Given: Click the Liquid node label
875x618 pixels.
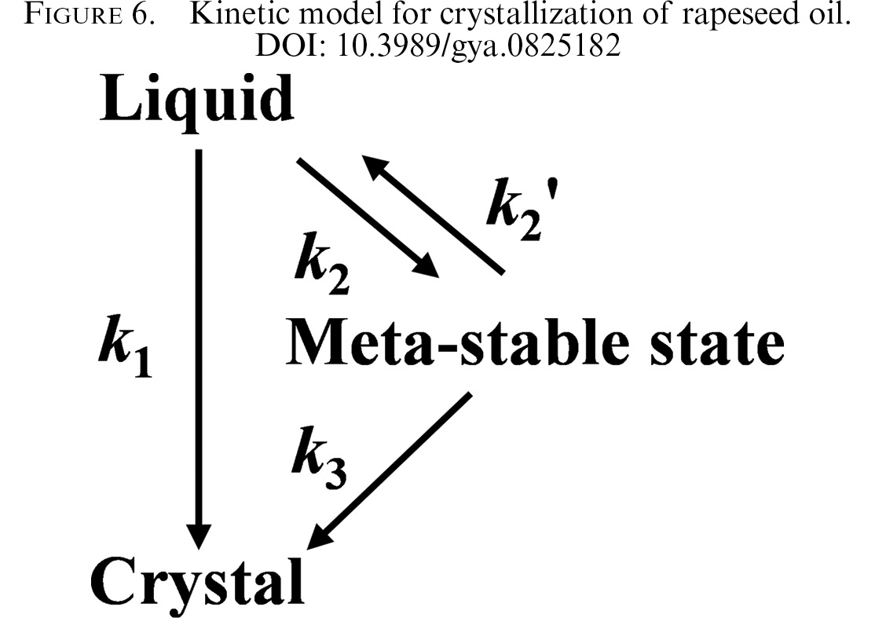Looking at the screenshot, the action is (x=197, y=101).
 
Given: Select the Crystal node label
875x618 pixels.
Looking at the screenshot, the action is (x=198, y=583).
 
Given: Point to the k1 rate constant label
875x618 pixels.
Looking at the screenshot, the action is (x=126, y=347).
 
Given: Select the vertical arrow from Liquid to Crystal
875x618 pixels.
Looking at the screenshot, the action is (x=199, y=349).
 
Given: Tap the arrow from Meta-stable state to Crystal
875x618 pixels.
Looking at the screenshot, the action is (x=390, y=471).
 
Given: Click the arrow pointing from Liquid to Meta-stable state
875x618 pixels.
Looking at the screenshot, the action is (x=368, y=218).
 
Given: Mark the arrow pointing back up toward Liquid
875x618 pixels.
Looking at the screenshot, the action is (x=433, y=214).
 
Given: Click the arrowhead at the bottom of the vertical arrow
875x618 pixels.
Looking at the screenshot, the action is (x=199, y=536).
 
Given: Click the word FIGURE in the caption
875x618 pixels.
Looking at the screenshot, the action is (x=73, y=15).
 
